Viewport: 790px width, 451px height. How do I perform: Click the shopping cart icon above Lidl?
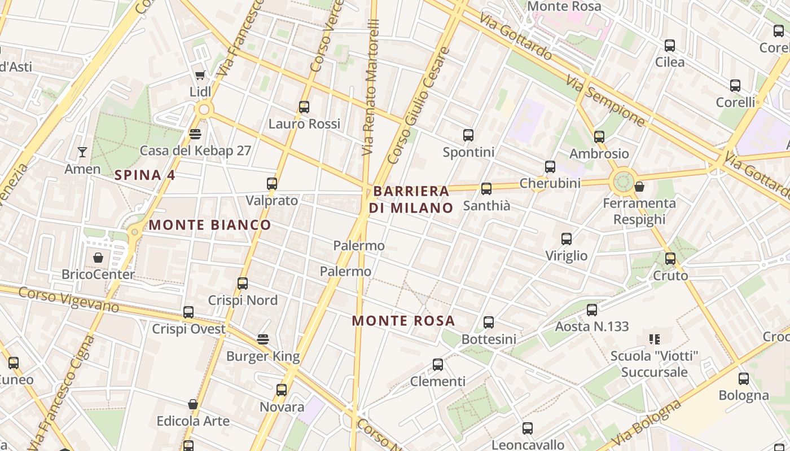pyautogui.click(x=200, y=75)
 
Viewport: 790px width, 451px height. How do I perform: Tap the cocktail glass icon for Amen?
pyautogui.click(x=82, y=152)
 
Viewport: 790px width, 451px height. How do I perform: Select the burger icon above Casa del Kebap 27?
pyautogui.click(x=195, y=134)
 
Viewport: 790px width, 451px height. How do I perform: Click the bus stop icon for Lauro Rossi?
pyautogui.click(x=304, y=107)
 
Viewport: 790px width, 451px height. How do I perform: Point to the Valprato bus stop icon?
pyautogui.click(x=272, y=183)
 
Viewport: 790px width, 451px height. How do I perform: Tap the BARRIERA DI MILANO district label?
pyautogui.click(x=411, y=199)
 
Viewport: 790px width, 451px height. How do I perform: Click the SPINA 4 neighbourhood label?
pyautogui.click(x=144, y=175)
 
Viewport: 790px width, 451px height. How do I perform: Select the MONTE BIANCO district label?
pyautogui.click(x=209, y=225)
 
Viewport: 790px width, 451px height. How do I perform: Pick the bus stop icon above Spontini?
pyautogui.click(x=468, y=135)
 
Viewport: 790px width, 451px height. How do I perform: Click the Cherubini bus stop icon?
pyautogui.click(x=550, y=166)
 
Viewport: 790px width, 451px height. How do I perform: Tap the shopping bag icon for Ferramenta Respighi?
pyautogui.click(x=639, y=186)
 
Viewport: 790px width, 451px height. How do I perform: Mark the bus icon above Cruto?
pyautogui.click(x=670, y=258)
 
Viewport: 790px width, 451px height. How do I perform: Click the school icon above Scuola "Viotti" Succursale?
pyautogui.click(x=655, y=339)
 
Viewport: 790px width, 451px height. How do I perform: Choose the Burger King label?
pyautogui.click(x=263, y=356)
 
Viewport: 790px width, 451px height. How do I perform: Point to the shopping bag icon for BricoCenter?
pyautogui.click(x=98, y=258)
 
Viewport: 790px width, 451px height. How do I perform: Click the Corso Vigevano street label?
pyautogui.click(x=68, y=299)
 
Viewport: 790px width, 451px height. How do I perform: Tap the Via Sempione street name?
pyautogui.click(x=606, y=102)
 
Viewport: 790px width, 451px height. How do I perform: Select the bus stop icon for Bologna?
pyautogui.click(x=744, y=378)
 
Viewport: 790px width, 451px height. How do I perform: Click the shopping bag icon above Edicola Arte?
pyautogui.click(x=193, y=404)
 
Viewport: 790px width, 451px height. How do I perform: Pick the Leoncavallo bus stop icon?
pyautogui.click(x=528, y=428)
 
